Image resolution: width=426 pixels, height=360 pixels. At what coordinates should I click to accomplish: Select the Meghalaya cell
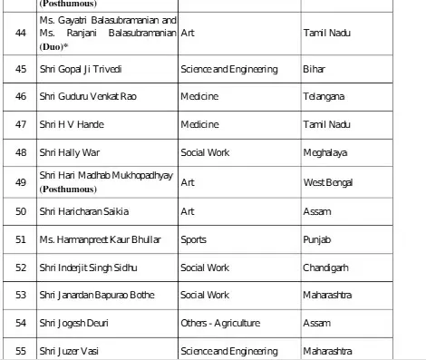pos(327,154)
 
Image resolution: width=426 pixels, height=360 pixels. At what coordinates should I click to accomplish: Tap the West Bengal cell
pos(328,184)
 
